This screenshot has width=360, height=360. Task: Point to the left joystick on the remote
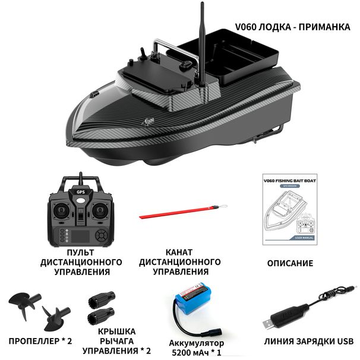[62, 210]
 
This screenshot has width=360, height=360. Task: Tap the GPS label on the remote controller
[80, 193]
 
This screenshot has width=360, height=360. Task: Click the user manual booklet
[288, 209]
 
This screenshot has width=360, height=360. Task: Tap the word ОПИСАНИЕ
[289, 263]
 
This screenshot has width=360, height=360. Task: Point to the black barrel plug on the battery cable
[212, 330]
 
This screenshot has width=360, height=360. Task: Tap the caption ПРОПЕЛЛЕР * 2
[40, 342]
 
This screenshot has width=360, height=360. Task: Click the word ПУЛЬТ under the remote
[81, 252]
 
